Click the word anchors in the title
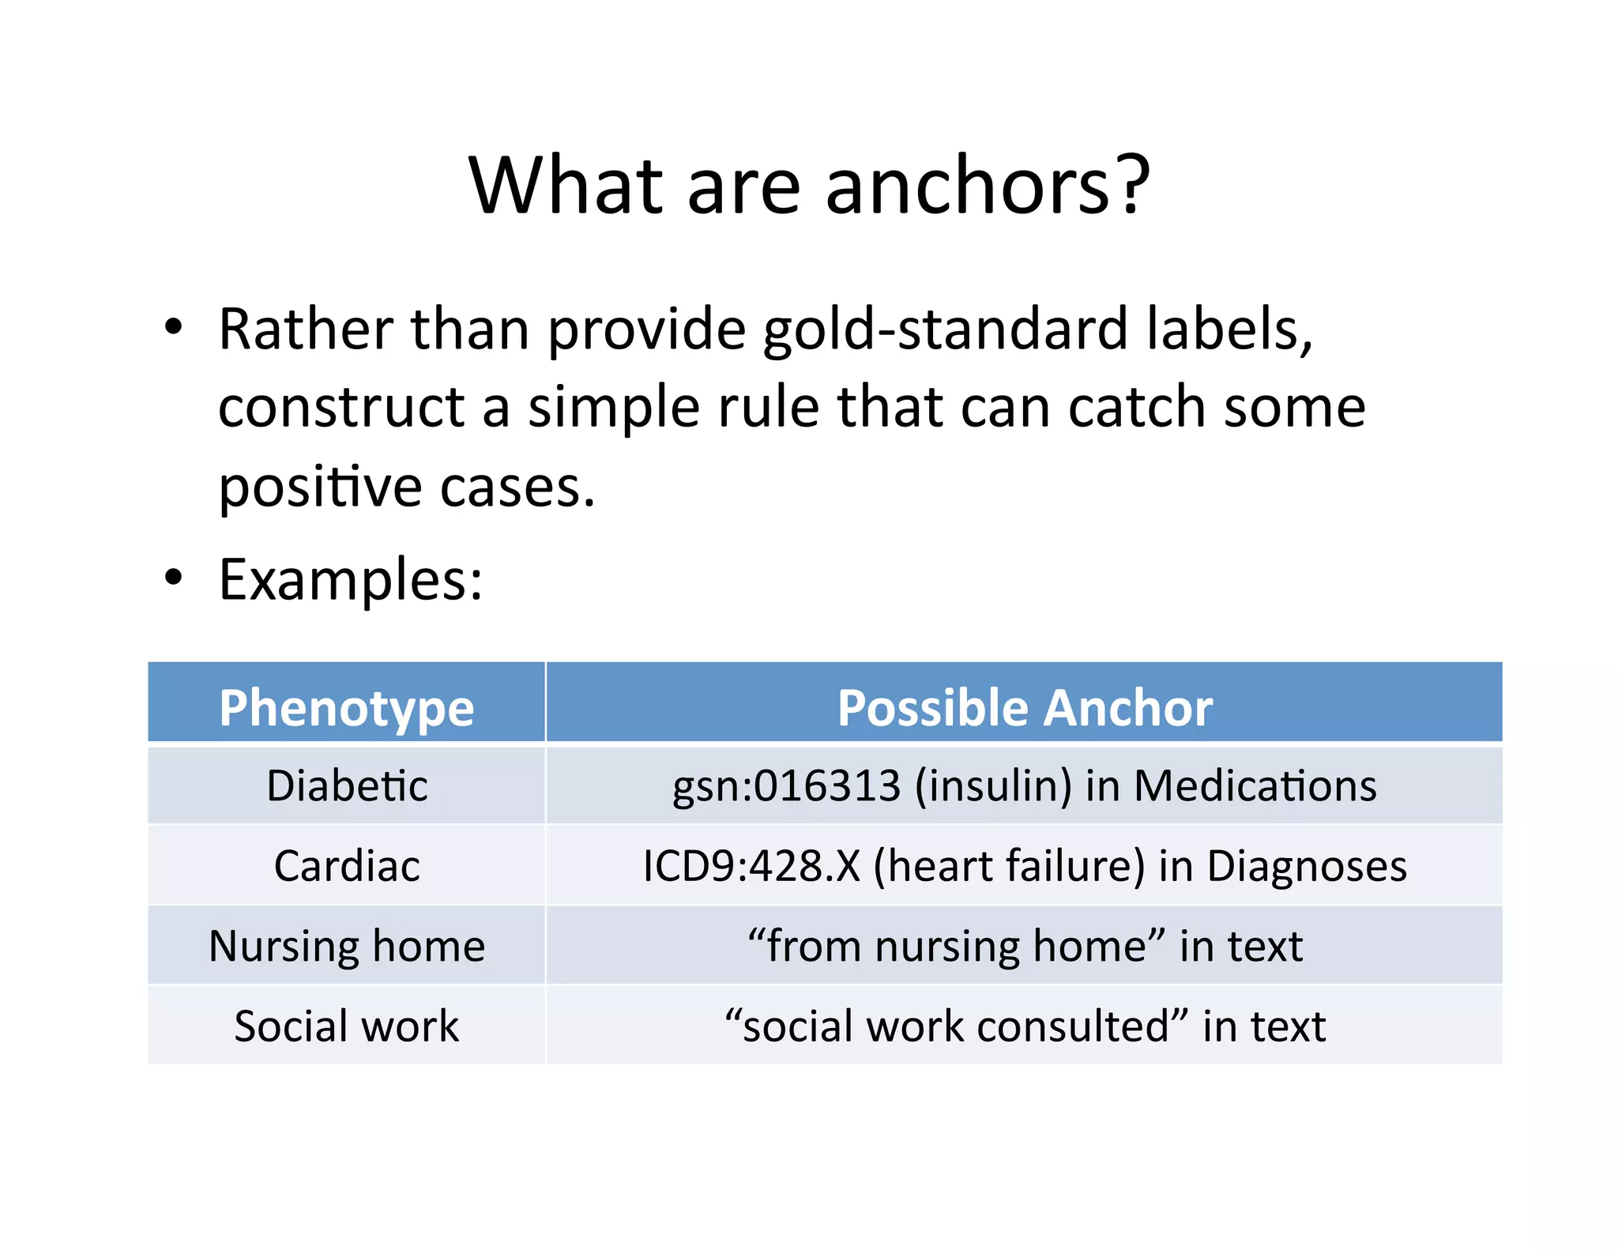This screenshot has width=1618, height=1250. pos(969,186)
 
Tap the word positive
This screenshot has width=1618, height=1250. pos(320,488)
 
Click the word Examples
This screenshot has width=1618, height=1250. pos(350,580)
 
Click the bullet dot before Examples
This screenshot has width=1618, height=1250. pos(173,578)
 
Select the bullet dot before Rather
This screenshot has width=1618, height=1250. pos(173,326)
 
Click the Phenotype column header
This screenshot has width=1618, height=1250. pos(347,707)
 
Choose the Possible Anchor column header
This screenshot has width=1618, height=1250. pos(1024,707)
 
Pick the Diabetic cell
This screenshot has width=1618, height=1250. pos(347,786)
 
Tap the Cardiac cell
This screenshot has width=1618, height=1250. pos(347,866)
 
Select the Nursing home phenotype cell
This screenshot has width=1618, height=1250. pos(347,946)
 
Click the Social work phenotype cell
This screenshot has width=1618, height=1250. pos(347,1026)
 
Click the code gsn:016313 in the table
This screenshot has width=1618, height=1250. pos(785,786)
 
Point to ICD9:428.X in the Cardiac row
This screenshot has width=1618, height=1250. pos(751,866)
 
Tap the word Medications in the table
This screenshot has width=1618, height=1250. pos(1255,786)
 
